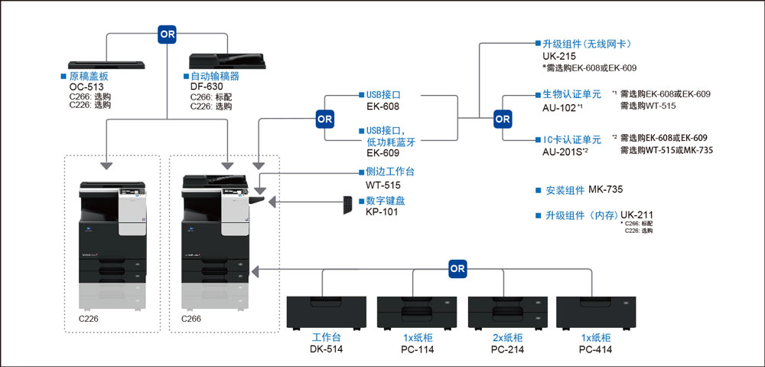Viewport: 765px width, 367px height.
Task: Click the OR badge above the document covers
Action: point(167,34)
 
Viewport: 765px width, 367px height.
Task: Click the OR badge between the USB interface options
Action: point(325,119)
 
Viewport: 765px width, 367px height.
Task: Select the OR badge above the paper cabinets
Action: point(457,268)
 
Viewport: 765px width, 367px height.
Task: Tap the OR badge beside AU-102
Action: point(502,119)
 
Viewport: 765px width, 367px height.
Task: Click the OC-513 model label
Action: point(85,87)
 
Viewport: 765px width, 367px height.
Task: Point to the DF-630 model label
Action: point(207,87)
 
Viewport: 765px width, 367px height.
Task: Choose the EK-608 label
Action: point(383,106)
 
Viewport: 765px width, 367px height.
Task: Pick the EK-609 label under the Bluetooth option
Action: point(383,152)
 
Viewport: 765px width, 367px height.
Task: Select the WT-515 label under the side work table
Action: point(383,185)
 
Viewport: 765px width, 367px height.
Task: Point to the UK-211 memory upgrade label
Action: point(636,215)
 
